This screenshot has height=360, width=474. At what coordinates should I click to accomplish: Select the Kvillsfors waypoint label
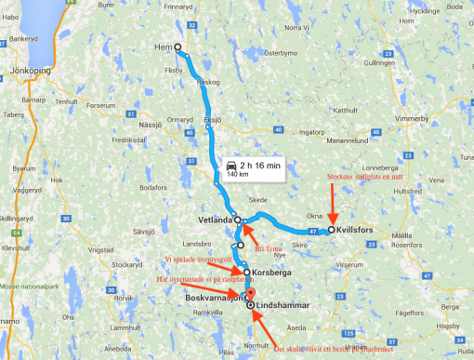(x=361, y=229)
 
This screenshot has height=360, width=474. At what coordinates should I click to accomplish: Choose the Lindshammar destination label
(x=283, y=304)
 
